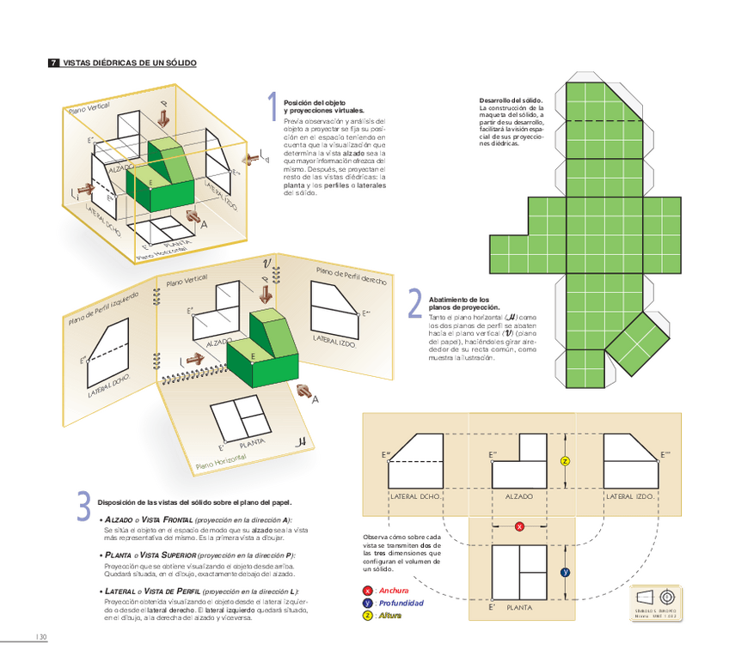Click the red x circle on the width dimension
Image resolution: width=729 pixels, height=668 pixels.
click(519, 526)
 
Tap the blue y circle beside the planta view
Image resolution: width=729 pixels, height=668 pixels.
click(565, 571)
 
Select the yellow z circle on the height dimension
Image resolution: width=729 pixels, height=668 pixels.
click(565, 461)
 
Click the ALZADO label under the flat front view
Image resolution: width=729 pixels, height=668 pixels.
click(518, 496)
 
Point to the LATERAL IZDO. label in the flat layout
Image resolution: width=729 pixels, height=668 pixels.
click(630, 496)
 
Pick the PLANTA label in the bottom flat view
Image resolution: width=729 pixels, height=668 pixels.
click(519, 607)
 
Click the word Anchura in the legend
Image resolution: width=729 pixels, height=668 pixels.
click(394, 591)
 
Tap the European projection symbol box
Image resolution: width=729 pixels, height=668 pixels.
click(656, 602)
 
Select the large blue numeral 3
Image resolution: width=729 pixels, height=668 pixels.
click(83, 506)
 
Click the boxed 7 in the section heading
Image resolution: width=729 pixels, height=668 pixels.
click(53, 64)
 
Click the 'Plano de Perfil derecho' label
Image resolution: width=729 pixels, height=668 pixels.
click(351, 276)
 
